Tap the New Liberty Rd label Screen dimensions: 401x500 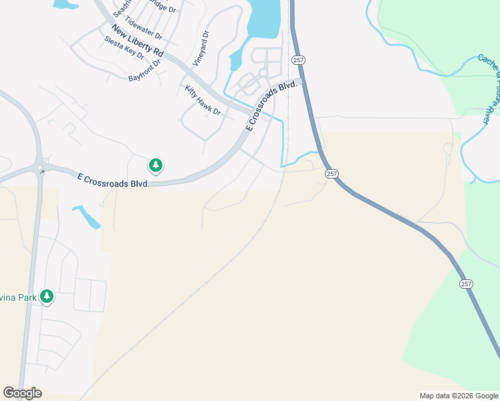click(x=138, y=41)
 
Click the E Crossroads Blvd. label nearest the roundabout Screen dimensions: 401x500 click(x=113, y=180)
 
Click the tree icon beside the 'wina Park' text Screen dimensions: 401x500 click(x=46, y=296)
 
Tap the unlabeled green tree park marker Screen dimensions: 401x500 click(x=156, y=164)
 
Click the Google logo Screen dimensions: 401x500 click(x=22, y=393)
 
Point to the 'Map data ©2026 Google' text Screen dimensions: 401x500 click(x=458, y=396)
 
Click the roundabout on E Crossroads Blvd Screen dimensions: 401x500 click(x=41, y=168)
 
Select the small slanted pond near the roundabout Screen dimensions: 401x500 click(x=86, y=217)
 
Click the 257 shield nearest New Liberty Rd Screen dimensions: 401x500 click(x=299, y=60)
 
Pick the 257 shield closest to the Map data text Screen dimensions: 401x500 click(x=466, y=284)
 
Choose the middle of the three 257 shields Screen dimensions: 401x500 click(x=332, y=174)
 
